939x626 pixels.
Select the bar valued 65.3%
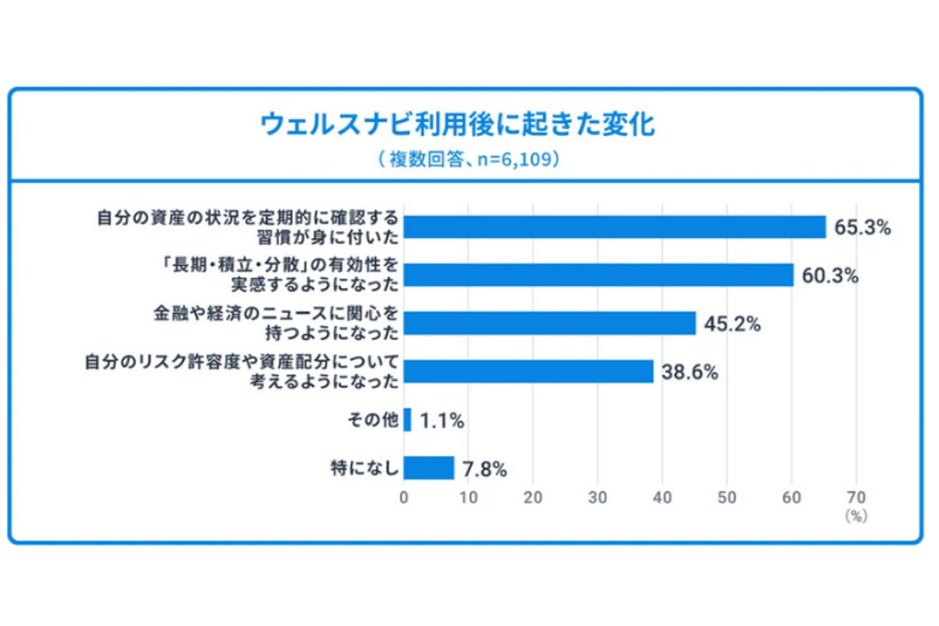(615, 227)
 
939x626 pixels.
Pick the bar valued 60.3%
(599, 275)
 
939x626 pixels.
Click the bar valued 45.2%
(550, 323)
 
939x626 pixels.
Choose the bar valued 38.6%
(529, 372)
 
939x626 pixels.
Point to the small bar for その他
(408, 420)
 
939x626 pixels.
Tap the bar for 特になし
(429, 468)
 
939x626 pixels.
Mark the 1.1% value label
(442, 421)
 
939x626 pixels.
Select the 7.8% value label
(485, 469)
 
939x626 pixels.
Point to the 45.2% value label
(732, 324)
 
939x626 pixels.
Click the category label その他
(373, 420)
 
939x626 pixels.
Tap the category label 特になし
(365, 468)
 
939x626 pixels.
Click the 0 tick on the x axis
(404, 498)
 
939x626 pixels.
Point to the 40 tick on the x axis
(663, 498)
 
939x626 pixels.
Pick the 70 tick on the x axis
(856, 498)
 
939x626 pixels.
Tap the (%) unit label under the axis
(856, 516)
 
